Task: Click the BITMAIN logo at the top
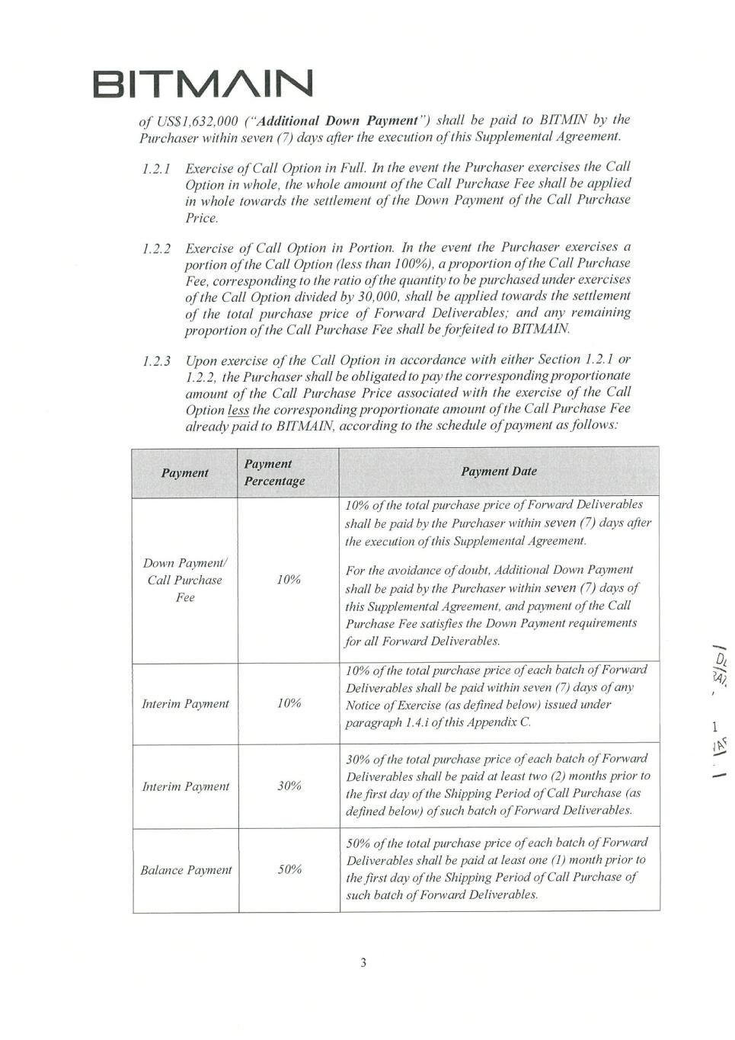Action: point(203,85)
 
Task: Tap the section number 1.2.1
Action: point(156,167)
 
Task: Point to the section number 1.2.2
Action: point(156,248)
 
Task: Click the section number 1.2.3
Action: point(156,360)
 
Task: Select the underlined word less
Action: point(238,409)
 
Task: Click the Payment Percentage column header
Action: point(274,472)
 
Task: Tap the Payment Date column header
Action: point(499,472)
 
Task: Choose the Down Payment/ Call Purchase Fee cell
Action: point(185,580)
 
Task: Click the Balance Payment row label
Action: point(186,870)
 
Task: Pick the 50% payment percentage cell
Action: point(289,870)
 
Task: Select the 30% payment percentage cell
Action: point(289,786)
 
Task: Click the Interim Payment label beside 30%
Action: point(185,786)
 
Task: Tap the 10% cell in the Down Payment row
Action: point(289,580)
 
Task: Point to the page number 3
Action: point(363,962)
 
